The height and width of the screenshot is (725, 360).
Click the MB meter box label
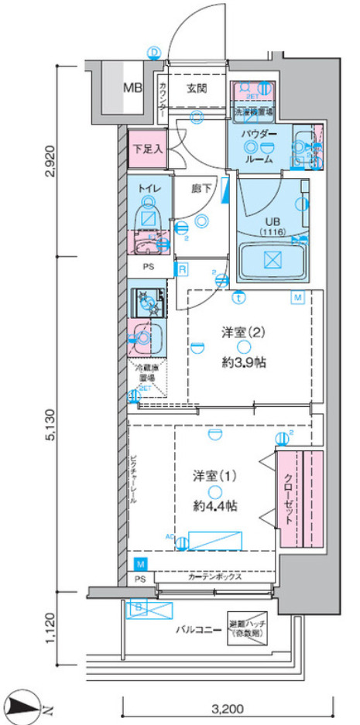click(x=133, y=87)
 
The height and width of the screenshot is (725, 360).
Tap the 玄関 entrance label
click(x=196, y=87)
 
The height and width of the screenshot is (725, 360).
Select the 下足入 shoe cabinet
click(x=146, y=149)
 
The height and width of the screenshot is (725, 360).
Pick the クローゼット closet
click(x=298, y=499)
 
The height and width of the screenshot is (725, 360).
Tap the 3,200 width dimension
click(x=231, y=707)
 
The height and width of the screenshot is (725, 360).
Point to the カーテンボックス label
click(x=215, y=577)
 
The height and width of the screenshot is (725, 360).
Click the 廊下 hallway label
click(x=201, y=186)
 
